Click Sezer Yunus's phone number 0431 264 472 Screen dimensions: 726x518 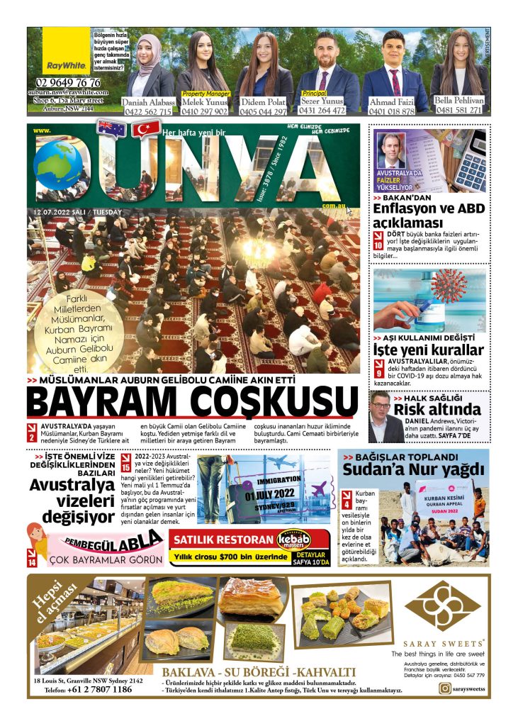tap(322, 110)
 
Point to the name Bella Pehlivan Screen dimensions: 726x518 tap(459, 101)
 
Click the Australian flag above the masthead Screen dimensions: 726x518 tap(113, 129)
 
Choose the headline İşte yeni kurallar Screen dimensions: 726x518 tap(428, 350)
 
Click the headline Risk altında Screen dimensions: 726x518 tap(437, 409)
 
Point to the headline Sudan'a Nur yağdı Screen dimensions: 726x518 tap(413, 469)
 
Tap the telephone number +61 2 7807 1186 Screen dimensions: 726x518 tap(99, 689)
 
